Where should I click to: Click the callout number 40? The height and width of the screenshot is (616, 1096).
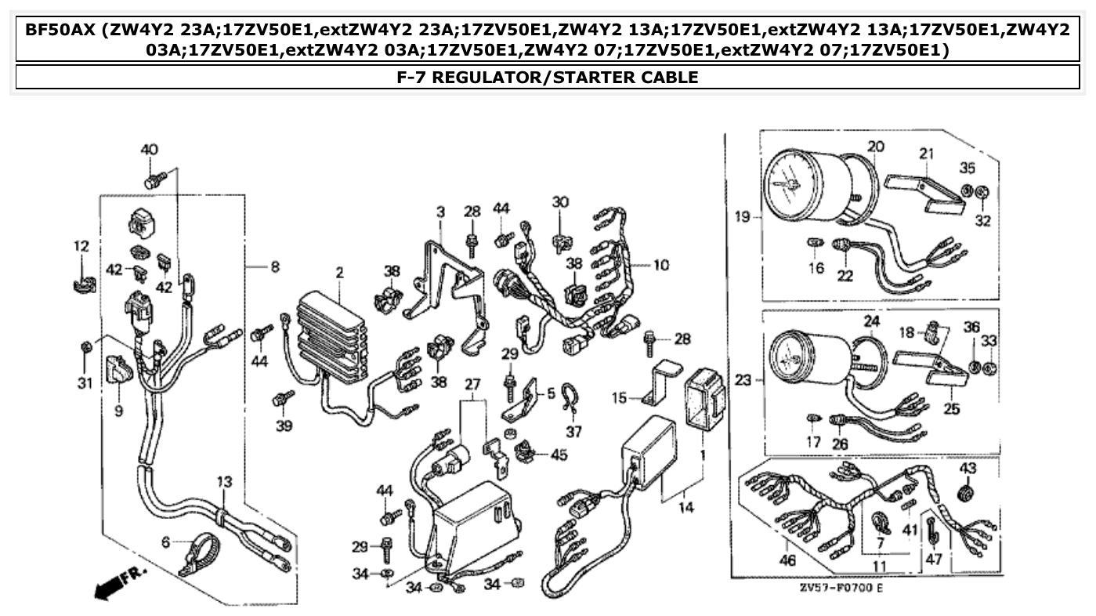149,150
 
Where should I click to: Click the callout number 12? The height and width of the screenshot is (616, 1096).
81,246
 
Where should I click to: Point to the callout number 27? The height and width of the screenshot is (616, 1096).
472,384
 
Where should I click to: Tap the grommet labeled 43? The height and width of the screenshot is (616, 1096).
968,495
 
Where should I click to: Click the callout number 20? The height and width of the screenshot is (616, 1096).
876,147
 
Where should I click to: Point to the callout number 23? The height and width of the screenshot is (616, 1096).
743,380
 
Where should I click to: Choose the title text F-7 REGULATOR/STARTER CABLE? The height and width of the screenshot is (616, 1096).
548,77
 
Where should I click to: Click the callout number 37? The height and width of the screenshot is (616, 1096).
574,431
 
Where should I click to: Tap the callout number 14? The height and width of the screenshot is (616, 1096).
685,508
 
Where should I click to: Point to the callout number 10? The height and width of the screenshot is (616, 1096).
661,265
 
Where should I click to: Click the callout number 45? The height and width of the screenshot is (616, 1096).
559,455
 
